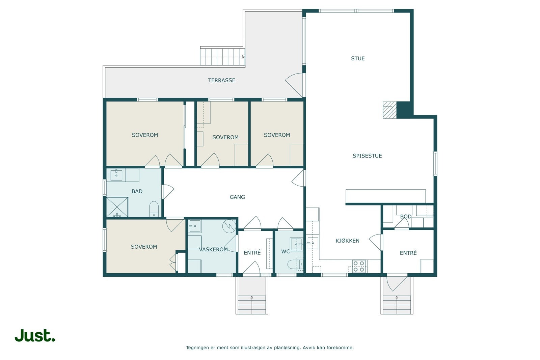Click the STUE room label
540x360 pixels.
358,58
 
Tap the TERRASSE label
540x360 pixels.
221,80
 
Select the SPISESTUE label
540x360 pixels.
367,156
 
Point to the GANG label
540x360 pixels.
237,197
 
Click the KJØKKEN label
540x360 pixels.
347,241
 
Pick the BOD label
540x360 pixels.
406,216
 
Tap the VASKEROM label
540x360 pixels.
213,249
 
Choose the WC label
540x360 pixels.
286,252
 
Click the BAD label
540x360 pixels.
137,191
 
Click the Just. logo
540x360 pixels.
35,335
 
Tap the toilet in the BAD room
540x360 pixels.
154,209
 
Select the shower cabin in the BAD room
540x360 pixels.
117,207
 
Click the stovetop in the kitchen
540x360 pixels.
358,266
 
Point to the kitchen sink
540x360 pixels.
312,243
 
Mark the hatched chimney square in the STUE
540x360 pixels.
389,110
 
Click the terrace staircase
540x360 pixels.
222,57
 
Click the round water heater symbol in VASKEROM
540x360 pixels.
229,226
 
